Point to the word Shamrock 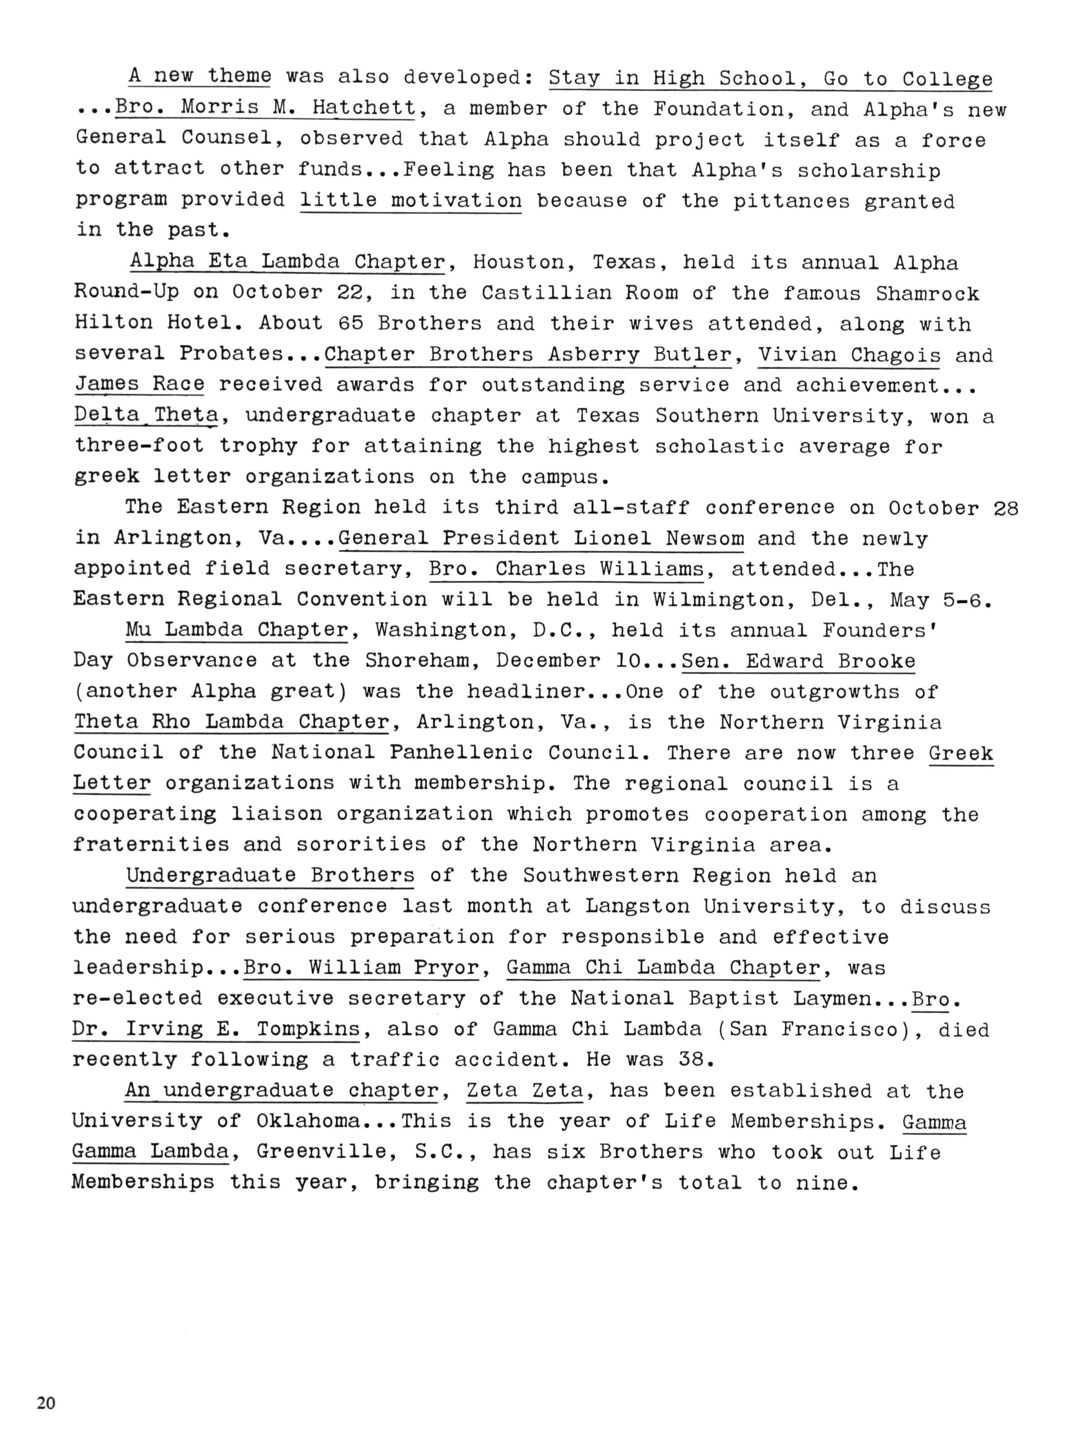click(x=927, y=294)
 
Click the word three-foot click(x=139, y=446)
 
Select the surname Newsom click(x=704, y=538)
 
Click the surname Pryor click(x=446, y=967)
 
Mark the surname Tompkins click(x=308, y=1029)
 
